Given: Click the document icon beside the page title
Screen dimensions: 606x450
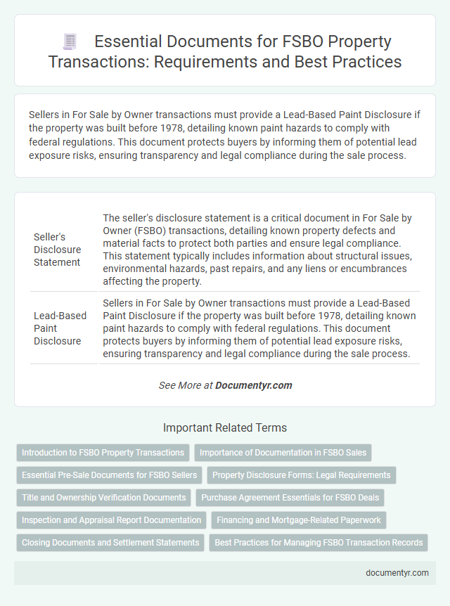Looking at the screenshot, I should [70, 41].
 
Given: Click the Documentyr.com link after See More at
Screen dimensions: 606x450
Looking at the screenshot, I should [253, 385].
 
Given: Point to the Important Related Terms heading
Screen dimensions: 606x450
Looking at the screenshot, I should [224, 427].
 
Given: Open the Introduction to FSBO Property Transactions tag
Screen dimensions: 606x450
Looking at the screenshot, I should [103, 453].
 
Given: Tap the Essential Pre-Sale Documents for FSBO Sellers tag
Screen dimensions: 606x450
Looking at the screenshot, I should [109, 475].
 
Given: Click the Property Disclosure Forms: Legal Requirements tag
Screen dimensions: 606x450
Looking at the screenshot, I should [302, 475].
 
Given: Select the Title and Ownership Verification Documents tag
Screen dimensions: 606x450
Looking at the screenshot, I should [103, 498].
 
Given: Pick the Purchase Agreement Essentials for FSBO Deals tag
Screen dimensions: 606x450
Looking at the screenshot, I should [290, 498].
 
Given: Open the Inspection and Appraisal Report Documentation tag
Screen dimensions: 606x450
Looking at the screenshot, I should [111, 520].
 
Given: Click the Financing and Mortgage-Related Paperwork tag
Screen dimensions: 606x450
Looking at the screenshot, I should [298, 520].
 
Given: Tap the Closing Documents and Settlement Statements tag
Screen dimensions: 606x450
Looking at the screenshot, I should [110, 543].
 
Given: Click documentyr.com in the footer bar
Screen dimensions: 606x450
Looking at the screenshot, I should [397, 573].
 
